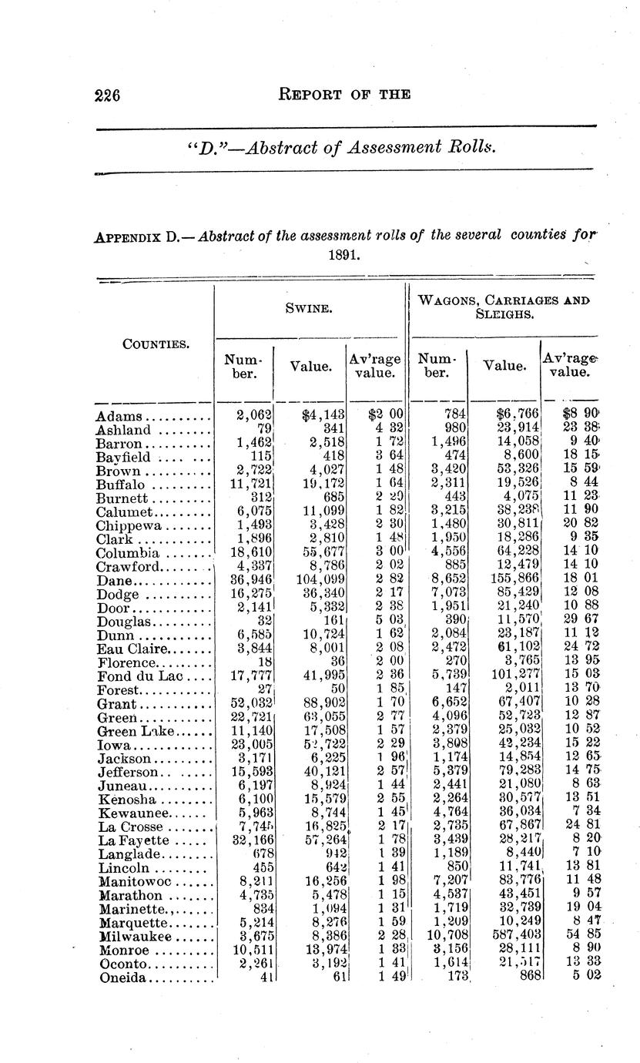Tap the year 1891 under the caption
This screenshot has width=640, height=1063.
(343, 254)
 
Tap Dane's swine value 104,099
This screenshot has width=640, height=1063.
(316, 580)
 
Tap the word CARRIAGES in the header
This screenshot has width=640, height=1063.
(525, 300)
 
